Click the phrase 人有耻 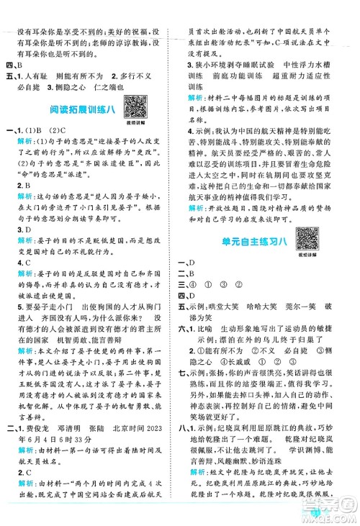pos(40,74)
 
